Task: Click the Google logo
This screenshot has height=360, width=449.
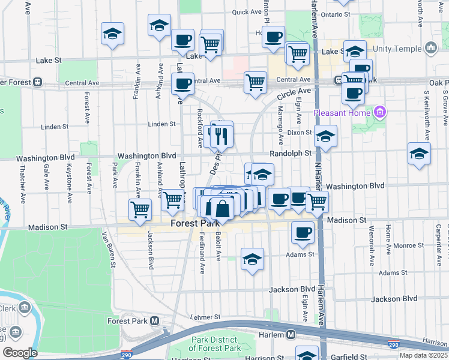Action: [20, 352]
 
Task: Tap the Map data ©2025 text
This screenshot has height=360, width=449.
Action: [423, 355]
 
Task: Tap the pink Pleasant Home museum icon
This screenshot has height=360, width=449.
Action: [379, 112]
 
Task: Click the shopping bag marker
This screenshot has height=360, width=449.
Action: [222, 209]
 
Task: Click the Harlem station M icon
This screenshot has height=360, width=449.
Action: [291, 334]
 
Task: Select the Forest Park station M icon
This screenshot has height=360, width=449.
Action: [155, 320]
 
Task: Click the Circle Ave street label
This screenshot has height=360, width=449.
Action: [295, 94]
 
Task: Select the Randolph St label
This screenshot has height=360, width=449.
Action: [291, 153]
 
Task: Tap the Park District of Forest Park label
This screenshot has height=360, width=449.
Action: [215, 344]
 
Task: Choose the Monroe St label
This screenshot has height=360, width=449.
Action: [409, 245]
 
